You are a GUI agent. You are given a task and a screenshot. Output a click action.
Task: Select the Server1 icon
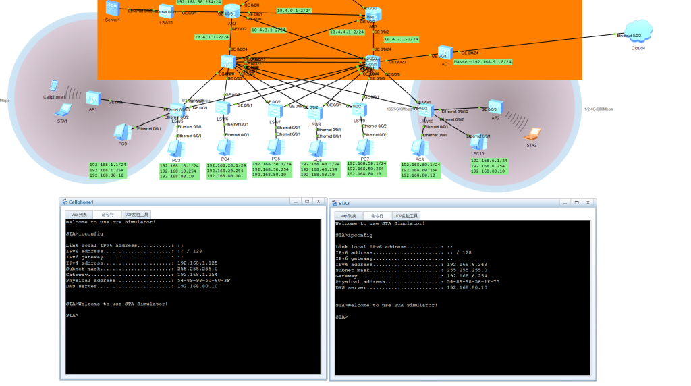pyautogui.click(x=112, y=7)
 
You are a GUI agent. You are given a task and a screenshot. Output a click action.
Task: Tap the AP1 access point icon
pyautogui.click(x=92, y=99)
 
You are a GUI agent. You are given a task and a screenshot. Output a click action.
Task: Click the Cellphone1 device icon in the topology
pyautogui.click(x=53, y=86)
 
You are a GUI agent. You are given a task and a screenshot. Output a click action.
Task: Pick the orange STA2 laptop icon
pyautogui.click(x=533, y=134)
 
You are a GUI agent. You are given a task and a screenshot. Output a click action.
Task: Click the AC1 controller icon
pyautogui.click(x=444, y=53)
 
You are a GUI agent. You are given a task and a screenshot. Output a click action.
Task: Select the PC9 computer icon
pyautogui.click(x=122, y=131)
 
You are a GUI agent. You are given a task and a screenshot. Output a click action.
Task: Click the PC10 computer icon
pyautogui.click(x=478, y=142)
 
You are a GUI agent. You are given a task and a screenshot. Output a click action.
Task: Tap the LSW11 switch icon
pyautogui.click(x=166, y=10)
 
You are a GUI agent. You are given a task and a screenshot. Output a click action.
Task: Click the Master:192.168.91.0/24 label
pyautogui.click(x=482, y=62)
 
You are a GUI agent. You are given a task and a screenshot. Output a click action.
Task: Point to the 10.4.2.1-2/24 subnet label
pyautogui.click(x=402, y=39)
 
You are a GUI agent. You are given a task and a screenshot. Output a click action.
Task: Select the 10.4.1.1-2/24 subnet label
pyautogui.click(x=211, y=37)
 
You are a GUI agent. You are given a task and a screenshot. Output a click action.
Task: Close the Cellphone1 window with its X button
pyautogui.click(x=316, y=202)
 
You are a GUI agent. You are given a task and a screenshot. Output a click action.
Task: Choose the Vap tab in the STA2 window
pyautogui.click(x=348, y=215)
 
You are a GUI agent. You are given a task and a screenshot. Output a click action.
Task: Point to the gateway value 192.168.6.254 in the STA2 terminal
pyautogui.click(x=464, y=275)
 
